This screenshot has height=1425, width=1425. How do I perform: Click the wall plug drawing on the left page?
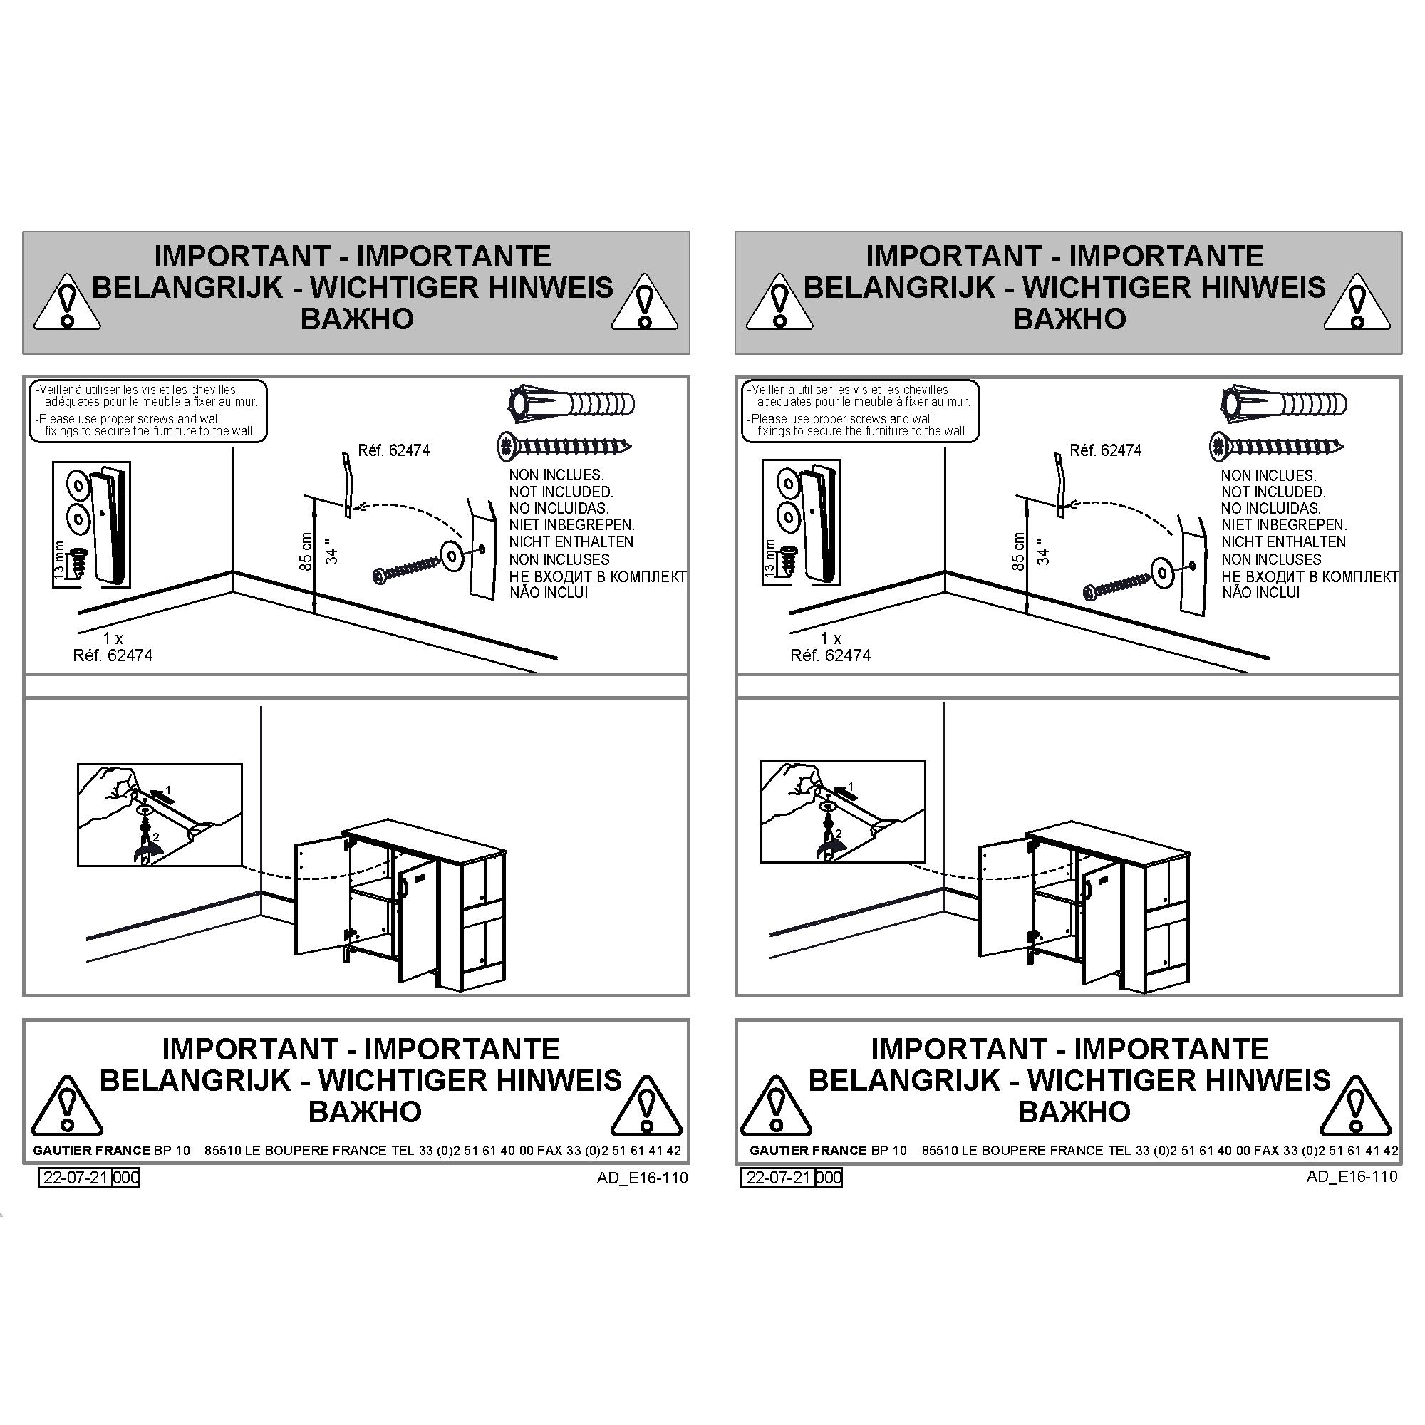coord(571,403)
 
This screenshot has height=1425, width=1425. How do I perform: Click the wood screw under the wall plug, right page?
coord(1276,446)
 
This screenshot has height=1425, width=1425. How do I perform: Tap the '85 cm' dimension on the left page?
coord(307,551)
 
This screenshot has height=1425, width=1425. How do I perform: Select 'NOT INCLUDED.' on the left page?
coord(561,492)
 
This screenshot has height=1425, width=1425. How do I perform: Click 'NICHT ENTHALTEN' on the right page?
coord(1283,541)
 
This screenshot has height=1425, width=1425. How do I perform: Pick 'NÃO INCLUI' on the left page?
coord(549,592)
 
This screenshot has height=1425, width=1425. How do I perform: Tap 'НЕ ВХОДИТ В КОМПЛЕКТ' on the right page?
coord(1309,576)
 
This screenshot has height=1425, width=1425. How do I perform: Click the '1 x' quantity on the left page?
coord(113,638)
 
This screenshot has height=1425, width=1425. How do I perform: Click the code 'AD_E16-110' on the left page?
coord(643,1178)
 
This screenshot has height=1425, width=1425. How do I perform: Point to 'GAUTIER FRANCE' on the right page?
coord(809,1150)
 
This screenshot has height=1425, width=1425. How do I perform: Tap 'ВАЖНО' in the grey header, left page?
coord(357,319)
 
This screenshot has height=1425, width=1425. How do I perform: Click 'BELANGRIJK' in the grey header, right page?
coord(899,287)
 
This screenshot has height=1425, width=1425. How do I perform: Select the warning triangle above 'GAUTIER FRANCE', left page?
coord(67,1106)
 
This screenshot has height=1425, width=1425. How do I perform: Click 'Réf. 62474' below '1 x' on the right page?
coord(831,655)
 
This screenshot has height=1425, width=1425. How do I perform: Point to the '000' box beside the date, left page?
coord(126,1178)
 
